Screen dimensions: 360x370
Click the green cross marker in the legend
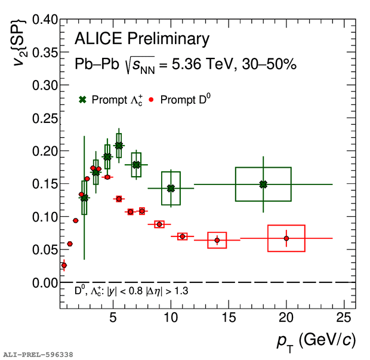[x=83, y=100]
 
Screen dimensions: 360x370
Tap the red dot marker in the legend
[x=152, y=100]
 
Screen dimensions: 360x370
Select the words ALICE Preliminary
[x=142, y=39]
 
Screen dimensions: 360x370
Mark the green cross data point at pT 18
[x=263, y=184]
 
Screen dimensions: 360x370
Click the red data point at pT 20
[x=286, y=238]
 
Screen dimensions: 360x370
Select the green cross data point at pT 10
[x=171, y=188]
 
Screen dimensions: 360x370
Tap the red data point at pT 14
[x=217, y=240]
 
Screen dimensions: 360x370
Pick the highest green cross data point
[x=119, y=146]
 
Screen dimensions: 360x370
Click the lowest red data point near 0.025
[x=64, y=265]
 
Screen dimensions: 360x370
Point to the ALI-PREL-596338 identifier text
[x=38, y=355]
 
